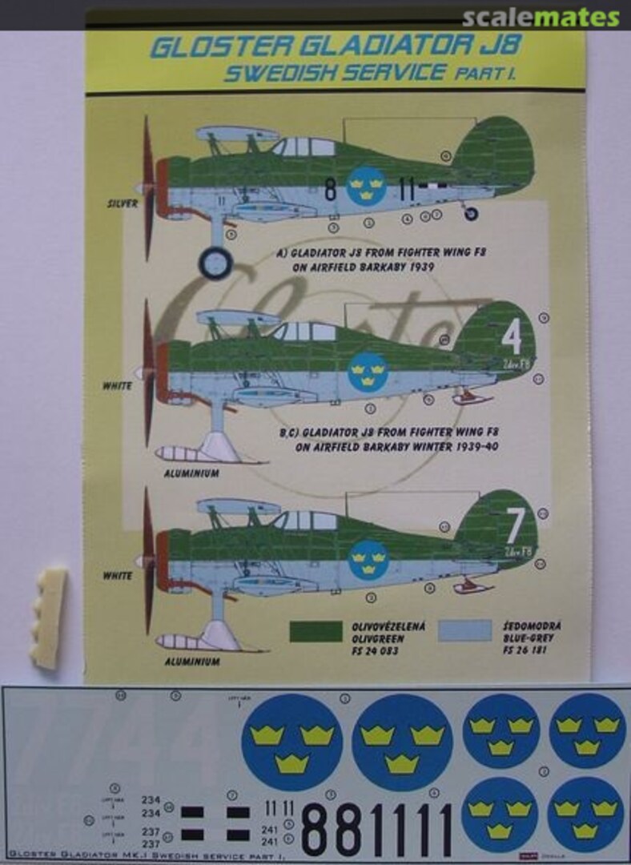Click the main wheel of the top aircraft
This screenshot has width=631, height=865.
[215, 262]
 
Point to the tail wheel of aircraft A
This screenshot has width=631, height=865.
[471, 214]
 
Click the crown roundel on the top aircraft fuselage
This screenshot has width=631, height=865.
[366, 186]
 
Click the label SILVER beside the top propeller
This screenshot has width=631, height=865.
[122, 203]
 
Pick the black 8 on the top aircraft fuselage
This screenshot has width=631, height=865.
[330, 191]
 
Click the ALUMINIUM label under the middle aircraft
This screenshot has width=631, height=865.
[191, 473]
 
